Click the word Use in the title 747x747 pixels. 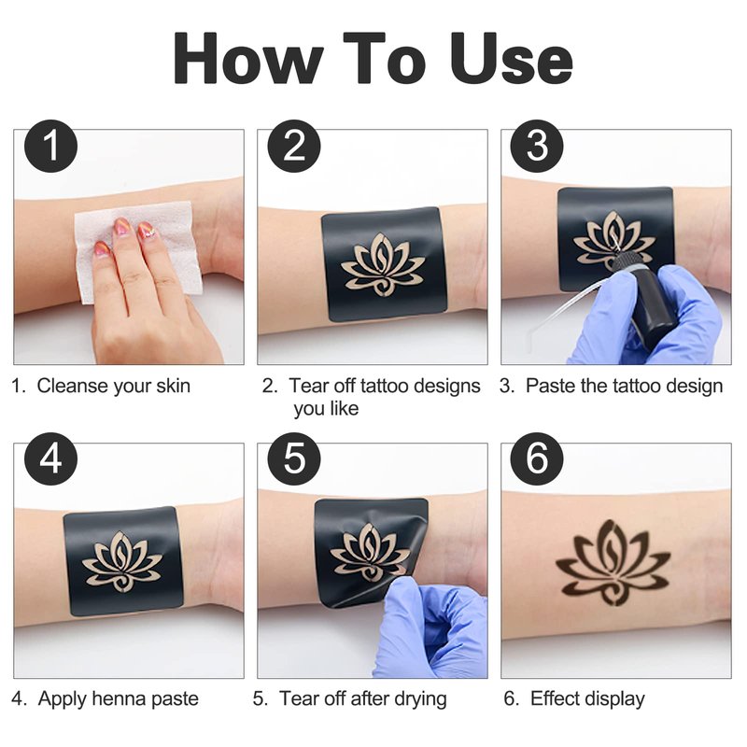coord(512,59)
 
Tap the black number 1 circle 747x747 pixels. coord(51,147)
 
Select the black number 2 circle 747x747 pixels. coord(294,147)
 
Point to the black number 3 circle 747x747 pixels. coord(537,147)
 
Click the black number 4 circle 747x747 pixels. coord(51,458)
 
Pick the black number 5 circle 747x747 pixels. coord(294,458)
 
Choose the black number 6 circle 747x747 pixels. coord(537,458)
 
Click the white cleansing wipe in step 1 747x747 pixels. coord(138,251)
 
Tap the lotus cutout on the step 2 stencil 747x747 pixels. coord(383,263)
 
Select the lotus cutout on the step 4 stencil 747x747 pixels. coord(122,561)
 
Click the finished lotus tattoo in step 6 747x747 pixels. coord(613,563)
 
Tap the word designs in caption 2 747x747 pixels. coord(447,387)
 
